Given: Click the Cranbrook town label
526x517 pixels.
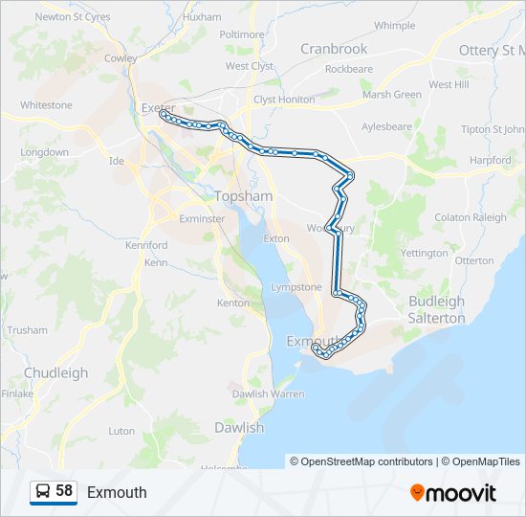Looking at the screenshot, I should point(334,49).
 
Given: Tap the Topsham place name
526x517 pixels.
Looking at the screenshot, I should point(244,195).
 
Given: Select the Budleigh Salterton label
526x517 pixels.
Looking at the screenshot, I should point(436,308).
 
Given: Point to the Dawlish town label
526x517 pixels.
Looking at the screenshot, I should point(238,427).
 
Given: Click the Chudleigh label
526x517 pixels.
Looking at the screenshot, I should point(55,372).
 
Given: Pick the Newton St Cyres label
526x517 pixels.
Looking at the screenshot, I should point(73,16).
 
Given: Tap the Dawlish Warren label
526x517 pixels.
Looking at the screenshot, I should point(268,393).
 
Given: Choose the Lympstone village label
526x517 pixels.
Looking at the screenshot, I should point(296,286).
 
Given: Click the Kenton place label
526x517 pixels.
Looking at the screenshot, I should point(233,303).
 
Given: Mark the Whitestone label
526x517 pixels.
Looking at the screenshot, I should point(46,104).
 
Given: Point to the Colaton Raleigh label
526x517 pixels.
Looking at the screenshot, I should point(471,217).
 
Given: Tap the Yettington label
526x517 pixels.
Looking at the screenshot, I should point(425,253).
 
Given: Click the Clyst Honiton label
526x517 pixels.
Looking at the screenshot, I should point(284,99).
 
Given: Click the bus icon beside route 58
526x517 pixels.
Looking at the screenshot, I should point(43,491).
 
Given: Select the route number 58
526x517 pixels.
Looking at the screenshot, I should point(64,491).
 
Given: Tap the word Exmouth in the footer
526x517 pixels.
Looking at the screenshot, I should point(117,492).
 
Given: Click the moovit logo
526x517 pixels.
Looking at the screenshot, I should point(453,492).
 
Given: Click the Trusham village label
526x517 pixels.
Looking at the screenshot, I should point(27,329).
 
